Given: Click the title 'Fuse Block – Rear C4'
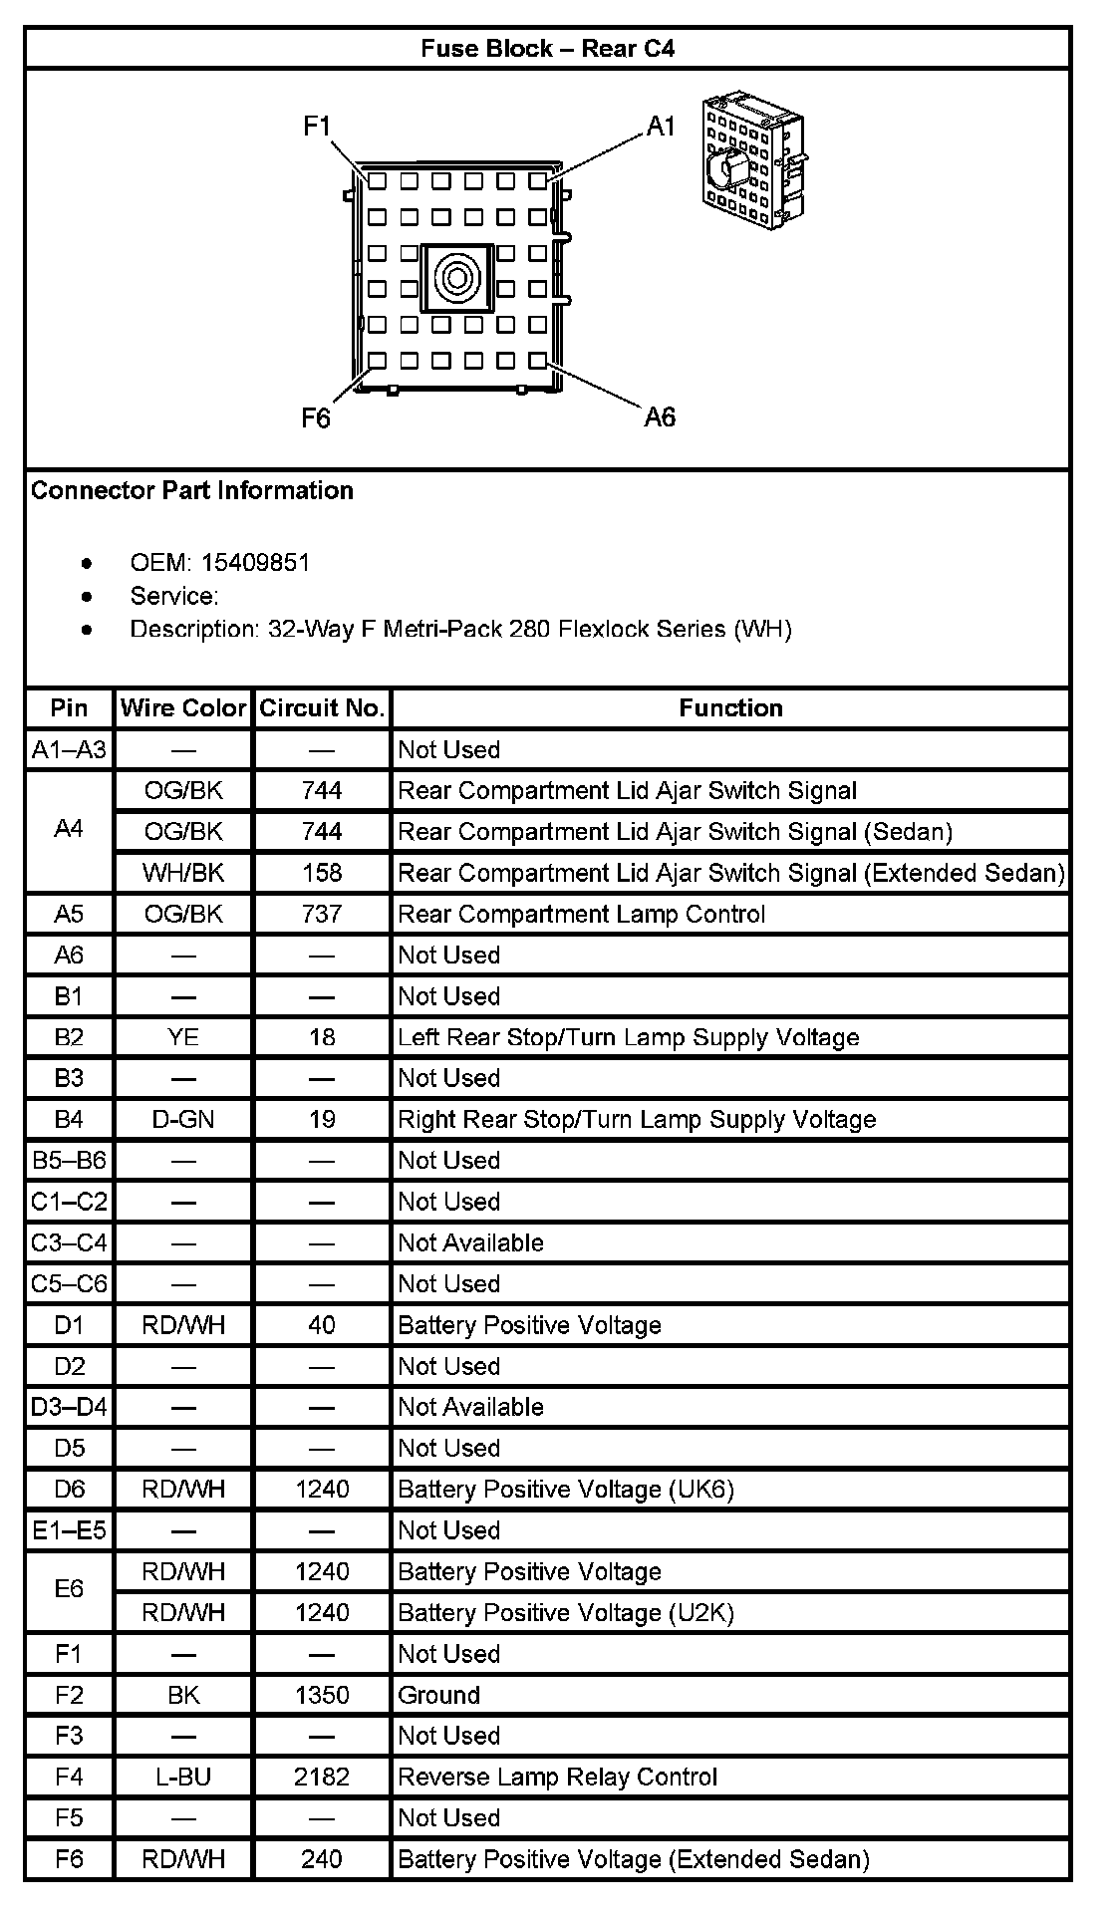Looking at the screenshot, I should (547, 49).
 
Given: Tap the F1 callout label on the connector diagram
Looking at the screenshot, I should (317, 127).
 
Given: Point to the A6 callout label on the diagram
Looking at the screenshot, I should (660, 416).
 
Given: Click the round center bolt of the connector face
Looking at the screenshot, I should (457, 276).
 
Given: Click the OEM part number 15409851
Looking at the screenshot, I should (255, 563).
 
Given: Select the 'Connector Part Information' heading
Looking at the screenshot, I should (192, 490).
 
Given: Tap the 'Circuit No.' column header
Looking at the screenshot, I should (322, 708).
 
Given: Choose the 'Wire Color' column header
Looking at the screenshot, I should (183, 708).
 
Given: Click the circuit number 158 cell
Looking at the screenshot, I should (322, 873).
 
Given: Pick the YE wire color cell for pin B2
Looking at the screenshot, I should (183, 1037).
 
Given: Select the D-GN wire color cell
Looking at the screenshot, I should (183, 1120).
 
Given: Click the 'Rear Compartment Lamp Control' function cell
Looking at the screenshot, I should (582, 915).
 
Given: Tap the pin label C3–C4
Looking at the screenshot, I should (69, 1242).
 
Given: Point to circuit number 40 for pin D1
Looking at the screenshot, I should (322, 1325).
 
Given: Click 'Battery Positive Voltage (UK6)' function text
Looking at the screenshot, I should (566, 1490).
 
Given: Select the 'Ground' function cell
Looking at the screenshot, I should (439, 1695).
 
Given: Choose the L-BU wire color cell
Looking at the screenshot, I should (183, 1777).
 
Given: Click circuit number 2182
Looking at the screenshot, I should (322, 1777).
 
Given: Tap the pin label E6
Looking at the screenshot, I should (69, 1591).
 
